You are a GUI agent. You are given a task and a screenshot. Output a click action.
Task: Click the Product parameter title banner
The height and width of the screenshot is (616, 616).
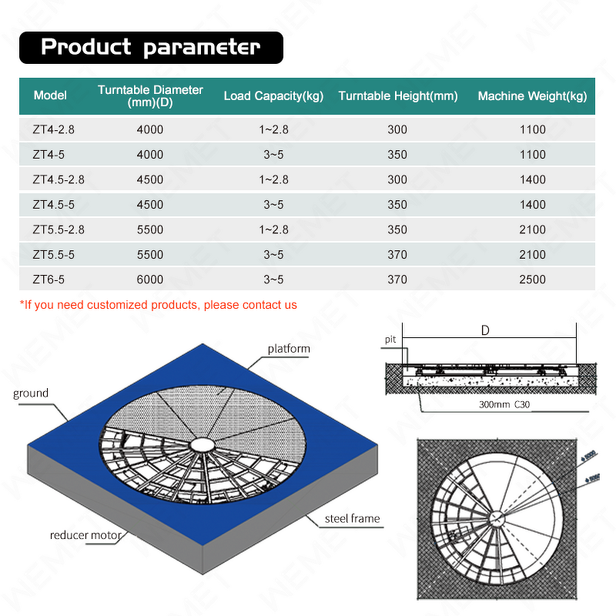151,47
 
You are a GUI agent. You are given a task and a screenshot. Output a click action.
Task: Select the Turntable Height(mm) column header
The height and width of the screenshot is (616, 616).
397,96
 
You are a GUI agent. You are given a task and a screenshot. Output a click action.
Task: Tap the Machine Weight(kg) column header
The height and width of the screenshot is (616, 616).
532,96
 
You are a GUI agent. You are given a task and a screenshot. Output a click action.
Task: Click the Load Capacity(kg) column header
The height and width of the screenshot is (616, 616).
273,96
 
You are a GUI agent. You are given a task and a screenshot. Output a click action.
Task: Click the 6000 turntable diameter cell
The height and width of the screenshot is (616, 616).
150,280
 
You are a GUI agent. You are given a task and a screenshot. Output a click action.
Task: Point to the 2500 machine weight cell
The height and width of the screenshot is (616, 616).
532,280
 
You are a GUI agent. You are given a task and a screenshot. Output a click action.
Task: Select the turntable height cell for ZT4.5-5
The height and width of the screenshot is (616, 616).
397,205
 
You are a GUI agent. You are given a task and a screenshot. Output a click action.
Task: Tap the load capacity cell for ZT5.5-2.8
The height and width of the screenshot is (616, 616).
273,229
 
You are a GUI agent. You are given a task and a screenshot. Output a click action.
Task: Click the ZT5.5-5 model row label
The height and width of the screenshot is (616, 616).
54,255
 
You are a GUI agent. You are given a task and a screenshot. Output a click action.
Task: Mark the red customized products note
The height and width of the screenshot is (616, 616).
158,305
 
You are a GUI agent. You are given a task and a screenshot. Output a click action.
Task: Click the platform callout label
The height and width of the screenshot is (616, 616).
289,349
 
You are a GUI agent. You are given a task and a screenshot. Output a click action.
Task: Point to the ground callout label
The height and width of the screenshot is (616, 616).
31,393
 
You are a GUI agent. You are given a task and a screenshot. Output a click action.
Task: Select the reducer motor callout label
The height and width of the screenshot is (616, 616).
86,534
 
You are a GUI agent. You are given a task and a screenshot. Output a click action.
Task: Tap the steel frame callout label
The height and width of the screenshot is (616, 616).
353,518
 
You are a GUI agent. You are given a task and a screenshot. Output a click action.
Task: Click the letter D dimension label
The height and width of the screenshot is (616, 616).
485,331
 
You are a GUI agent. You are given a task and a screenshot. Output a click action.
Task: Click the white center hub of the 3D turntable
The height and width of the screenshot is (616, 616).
203,446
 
